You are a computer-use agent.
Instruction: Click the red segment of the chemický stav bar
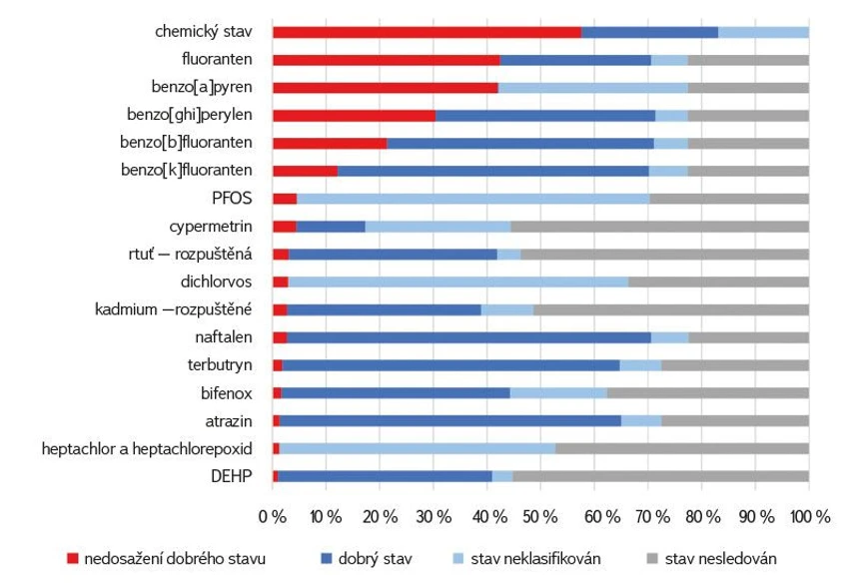point(426,32)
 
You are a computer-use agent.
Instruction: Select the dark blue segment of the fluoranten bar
point(575,60)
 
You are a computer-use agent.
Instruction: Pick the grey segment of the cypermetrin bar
point(659,226)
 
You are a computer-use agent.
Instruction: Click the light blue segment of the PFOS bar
point(472,198)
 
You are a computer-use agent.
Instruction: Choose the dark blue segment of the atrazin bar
point(450,420)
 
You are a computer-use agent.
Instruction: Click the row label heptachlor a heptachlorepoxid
point(147,448)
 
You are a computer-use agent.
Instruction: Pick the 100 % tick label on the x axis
point(809,516)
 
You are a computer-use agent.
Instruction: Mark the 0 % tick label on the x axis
point(272,516)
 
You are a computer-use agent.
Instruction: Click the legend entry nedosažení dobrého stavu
point(160,558)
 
